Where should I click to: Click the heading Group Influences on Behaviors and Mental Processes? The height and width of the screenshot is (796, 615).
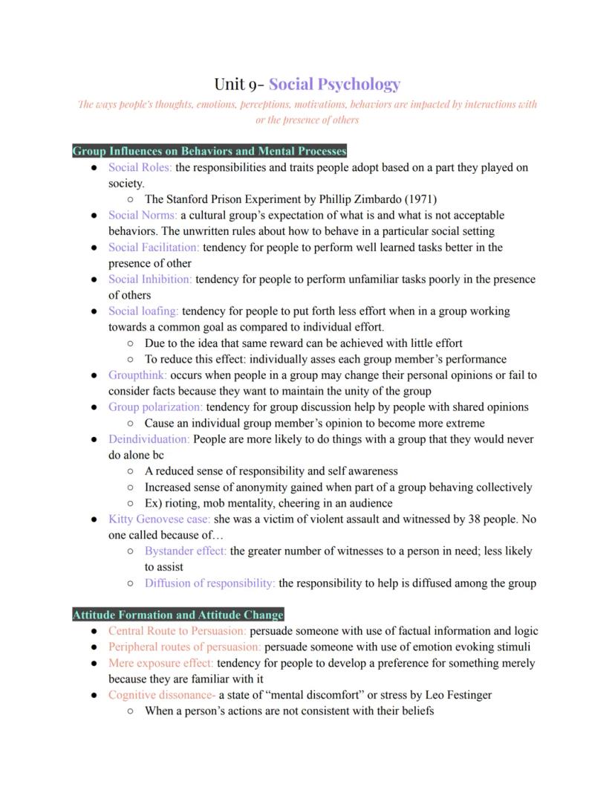click(209, 151)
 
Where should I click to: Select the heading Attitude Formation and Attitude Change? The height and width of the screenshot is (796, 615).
click(178, 615)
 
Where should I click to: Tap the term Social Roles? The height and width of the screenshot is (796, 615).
click(140, 167)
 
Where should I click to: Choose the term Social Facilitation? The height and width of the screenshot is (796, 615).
click(154, 247)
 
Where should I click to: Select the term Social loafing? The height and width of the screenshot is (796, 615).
click(143, 311)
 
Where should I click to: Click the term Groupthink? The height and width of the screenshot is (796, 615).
click(137, 375)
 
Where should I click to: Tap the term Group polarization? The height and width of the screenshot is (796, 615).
click(155, 407)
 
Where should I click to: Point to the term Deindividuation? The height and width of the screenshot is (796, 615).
click(149, 439)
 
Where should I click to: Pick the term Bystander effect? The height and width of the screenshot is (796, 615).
click(186, 551)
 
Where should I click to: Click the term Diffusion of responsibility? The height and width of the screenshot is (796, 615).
click(209, 583)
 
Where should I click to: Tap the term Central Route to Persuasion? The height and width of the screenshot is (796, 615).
click(177, 631)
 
